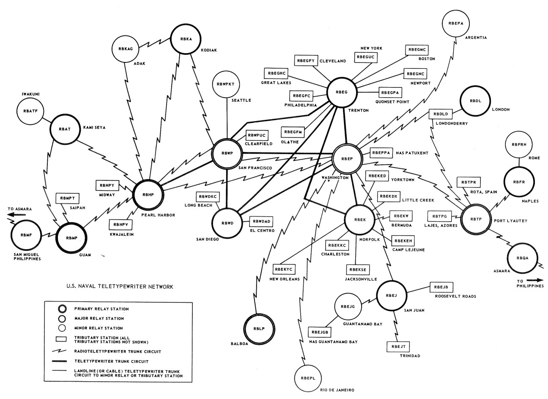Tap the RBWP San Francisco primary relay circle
(x=227, y=154)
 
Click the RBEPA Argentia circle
(x=456, y=23)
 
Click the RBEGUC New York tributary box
(x=366, y=57)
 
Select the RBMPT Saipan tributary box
(x=67, y=198)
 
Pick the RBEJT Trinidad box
(x=398, y=347)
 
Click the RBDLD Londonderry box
(x=441, y=114)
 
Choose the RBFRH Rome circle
(x=518, y=145)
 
